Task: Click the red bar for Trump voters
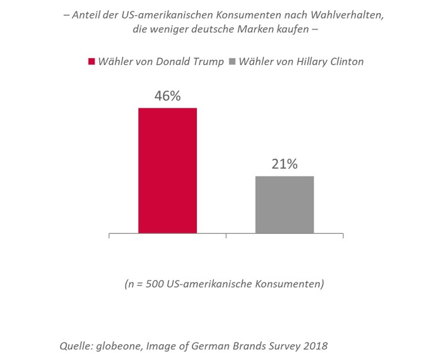click(168, 170)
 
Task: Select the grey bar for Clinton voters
click(285, 204)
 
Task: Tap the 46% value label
click(168, 96)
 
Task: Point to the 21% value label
click(285, 165)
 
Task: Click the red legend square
click(91, 62)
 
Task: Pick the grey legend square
click(232, 62)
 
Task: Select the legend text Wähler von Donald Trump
click(160, 62)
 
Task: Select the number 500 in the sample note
click(156, 284)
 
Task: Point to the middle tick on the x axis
click(227, 236)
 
